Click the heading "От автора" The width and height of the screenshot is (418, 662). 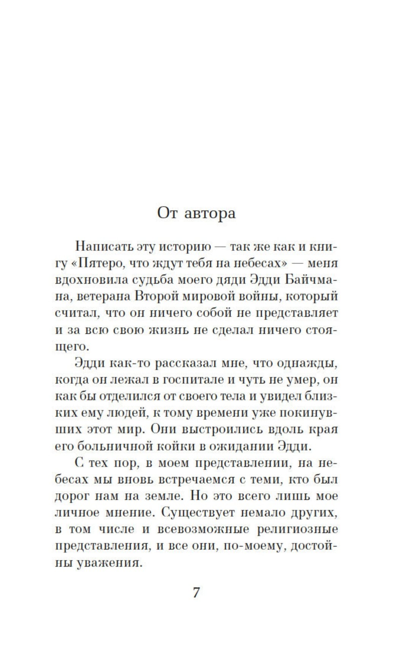196,213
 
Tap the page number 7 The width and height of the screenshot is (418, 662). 196,592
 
